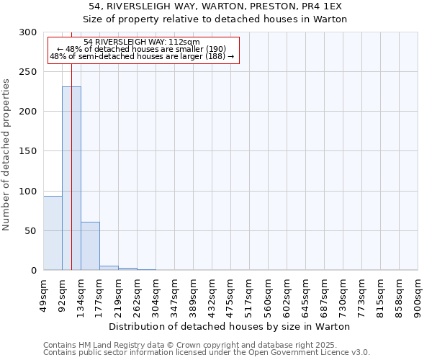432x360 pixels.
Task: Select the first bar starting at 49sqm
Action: (x=53, y=233)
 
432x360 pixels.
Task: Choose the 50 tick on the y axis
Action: (x=31, y=231)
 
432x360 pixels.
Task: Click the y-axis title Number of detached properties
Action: (x=6, y=155)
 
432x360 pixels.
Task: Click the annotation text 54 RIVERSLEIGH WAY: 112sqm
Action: (x=142, y=42)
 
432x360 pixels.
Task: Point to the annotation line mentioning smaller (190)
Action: (x=142, y=49)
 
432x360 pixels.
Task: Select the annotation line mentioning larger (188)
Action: (x=142, y=55)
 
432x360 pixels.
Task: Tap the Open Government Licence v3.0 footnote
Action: (x=207, y=352)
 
